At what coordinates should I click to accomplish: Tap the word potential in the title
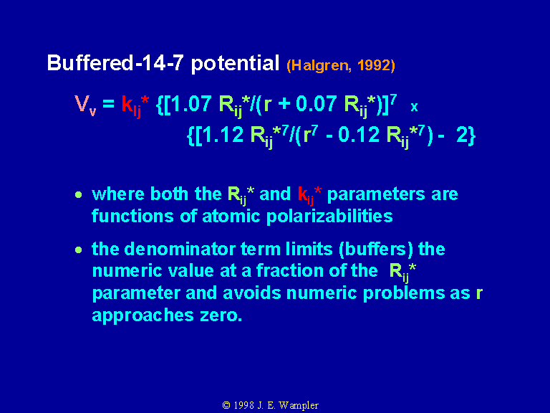[235, 64]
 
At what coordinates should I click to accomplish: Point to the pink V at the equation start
[82, 103]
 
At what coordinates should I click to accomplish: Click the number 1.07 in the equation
[190, 103]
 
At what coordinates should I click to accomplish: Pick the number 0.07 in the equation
[317, 103]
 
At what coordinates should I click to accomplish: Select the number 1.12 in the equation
[223, 135]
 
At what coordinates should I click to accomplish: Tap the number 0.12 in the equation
[359, 135]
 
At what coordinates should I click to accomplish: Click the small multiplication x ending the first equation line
[414, 107]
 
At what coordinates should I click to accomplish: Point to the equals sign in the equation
[108, 104]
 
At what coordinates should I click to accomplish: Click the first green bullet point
[79, 194]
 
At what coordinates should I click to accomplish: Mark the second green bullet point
[79, 250]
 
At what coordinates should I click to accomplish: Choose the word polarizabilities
[329, 217]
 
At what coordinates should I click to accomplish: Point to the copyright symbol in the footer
[226, 405]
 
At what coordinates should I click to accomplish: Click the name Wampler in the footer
[299, 406]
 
